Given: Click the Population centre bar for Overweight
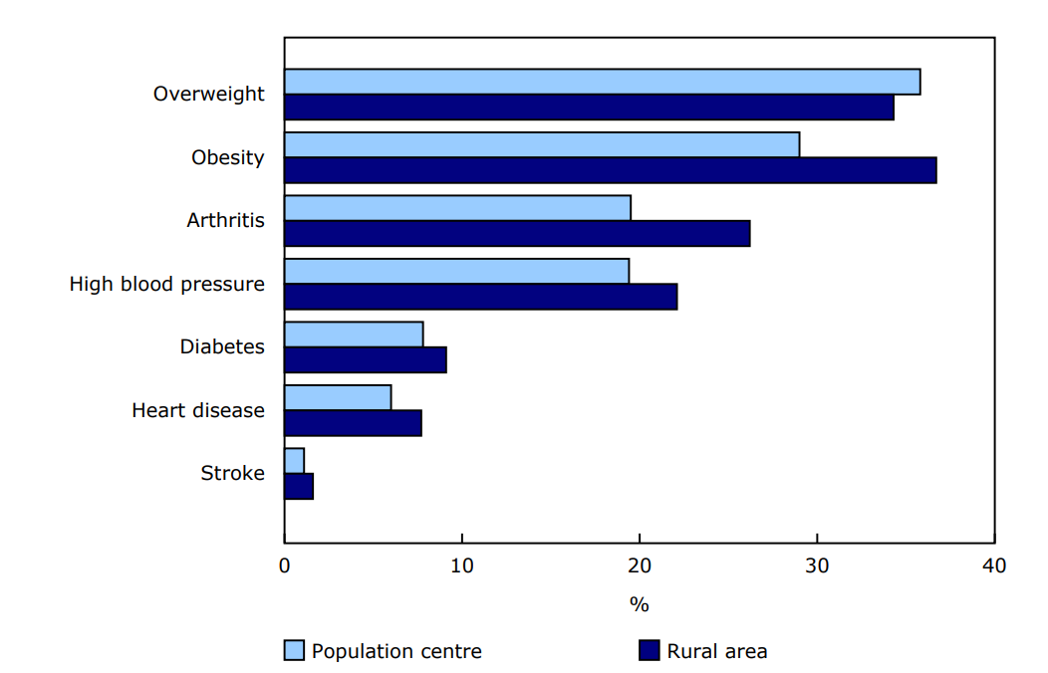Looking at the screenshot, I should [602, 82].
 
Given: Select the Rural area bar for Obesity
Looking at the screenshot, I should [610, 170].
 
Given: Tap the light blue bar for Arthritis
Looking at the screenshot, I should [457, 208].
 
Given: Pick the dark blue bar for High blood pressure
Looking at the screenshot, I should [480, 297].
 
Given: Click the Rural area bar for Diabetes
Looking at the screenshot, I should [366, 359].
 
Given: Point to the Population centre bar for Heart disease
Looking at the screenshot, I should [338, 397].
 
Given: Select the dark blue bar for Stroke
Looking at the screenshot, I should [299, 486].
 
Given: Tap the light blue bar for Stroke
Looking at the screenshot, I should [294, 461].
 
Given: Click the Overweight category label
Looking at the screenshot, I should [208, 94].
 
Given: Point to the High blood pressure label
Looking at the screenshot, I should [166, 284].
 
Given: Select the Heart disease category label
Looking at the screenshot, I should [198, 410].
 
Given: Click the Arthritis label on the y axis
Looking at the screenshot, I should [225, 220].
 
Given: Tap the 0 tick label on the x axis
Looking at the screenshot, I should [285, 566].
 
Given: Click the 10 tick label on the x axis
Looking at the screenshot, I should [461, 566].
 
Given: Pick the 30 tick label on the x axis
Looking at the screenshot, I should [817, 566].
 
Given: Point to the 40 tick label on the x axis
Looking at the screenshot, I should [994, 566].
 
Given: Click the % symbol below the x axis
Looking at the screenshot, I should [639, 604].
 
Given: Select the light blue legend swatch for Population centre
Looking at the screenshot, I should [294, 651].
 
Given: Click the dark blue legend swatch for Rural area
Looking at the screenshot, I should [649, 651].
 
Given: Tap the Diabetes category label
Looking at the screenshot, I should [222, 346].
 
